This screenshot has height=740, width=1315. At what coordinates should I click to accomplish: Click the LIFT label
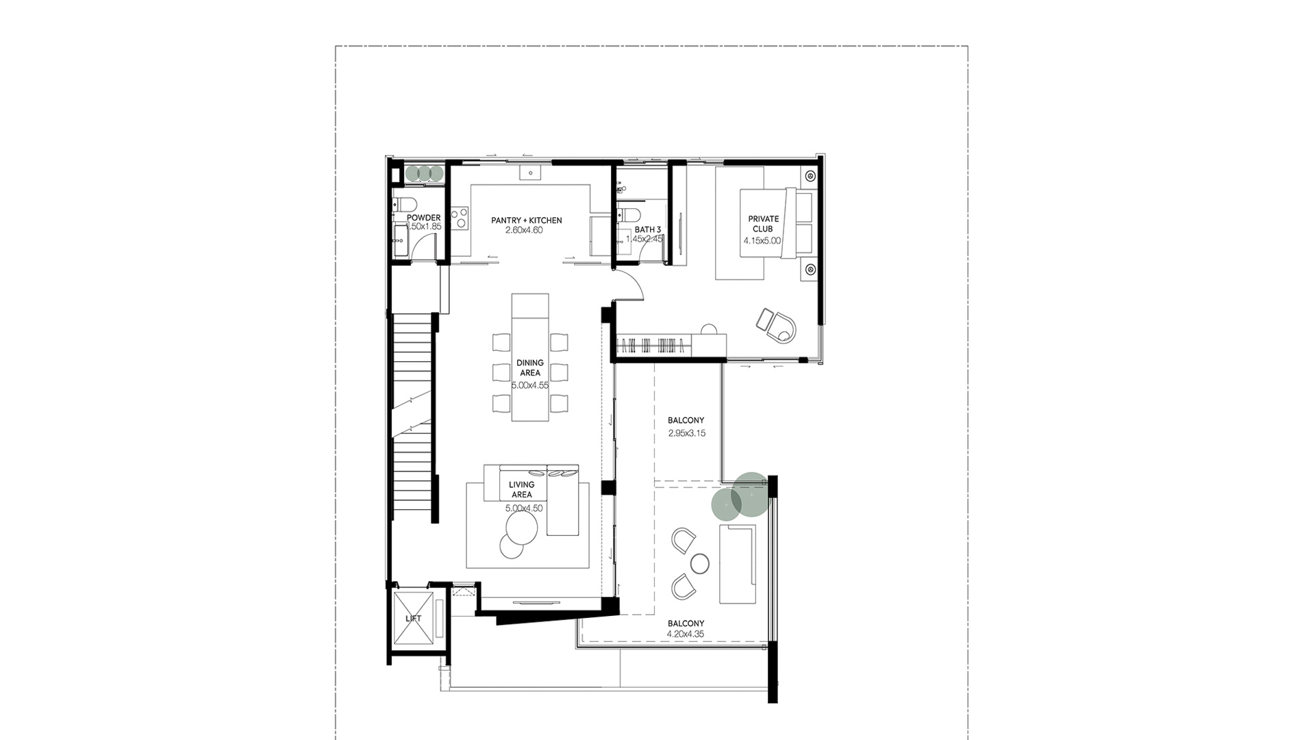coord(414,618)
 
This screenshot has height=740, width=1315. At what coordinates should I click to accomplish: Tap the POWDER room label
coord(424,218)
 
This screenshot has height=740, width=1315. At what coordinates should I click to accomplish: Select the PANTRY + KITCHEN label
coord(526,221)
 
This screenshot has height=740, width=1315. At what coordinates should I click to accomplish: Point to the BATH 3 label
coord(647,230)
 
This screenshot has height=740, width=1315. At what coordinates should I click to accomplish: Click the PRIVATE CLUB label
coord(763,224)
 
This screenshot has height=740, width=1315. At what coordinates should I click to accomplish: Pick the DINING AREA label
coord(530,368)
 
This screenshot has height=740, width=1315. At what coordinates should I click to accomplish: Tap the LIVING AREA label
coord(521,489)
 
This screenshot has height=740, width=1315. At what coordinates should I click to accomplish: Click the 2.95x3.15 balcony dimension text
coord(686,433)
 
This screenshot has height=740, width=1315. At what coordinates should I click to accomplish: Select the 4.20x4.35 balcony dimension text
coord(686,634)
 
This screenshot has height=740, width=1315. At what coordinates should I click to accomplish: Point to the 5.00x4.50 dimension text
coord(524,508)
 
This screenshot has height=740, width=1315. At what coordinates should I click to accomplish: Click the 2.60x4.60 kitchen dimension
coord(524,230)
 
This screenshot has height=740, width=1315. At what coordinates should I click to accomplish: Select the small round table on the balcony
coord(700,563)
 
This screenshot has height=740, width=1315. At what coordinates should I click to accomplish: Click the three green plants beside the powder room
coord(424,173)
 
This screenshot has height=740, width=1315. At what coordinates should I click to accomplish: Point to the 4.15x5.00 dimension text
coord(762,241)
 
